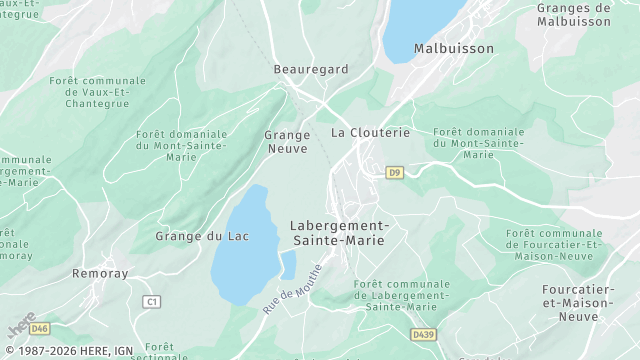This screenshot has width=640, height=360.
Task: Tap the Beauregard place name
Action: tap(311, 69)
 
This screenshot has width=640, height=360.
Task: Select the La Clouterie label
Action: tap(371, 132)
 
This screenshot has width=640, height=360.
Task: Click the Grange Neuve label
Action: tap(287, 141)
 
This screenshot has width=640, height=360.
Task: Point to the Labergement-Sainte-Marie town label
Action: tap(339, 233)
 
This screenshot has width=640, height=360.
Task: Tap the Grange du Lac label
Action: tap(202, 236)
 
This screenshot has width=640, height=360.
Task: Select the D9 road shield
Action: tap(394, 172)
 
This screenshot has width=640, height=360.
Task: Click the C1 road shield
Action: tap(152, 301)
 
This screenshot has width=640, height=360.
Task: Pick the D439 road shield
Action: tap(422, 334)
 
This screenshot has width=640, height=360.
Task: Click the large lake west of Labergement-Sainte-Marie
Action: tap(240, 250)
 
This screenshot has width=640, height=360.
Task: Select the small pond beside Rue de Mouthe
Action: tap(288, 264)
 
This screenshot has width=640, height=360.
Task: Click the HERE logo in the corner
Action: tap(20, 325)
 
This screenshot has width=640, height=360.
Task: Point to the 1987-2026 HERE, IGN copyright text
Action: tap(68, 351)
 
